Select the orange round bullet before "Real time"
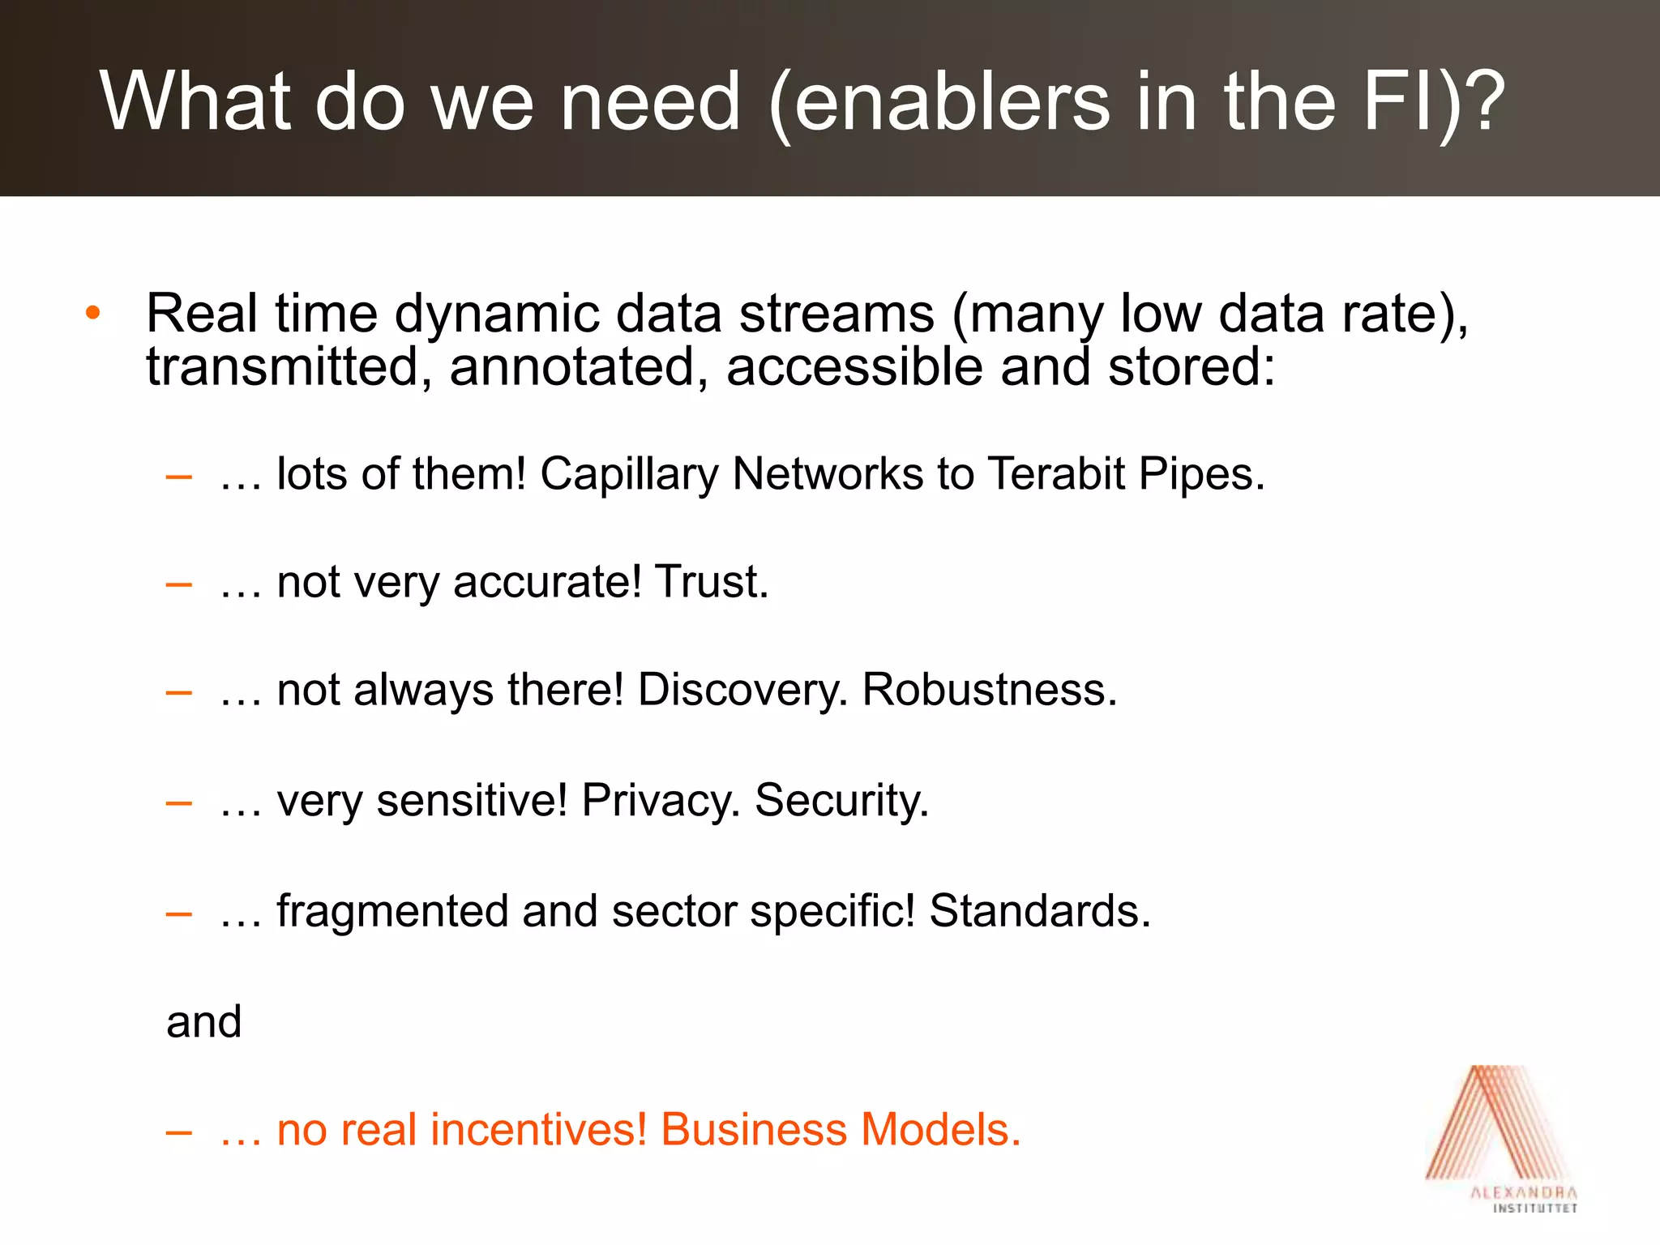point(93,313)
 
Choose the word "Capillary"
point(629,474)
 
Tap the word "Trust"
point(710,581)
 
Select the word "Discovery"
point(742,690)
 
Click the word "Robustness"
point(989,690)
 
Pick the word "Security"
point(841,800)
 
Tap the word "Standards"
point(1039,910)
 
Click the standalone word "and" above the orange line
point(204,1021)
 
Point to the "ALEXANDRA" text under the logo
point(1524,1192)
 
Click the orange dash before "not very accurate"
point(178,583)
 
